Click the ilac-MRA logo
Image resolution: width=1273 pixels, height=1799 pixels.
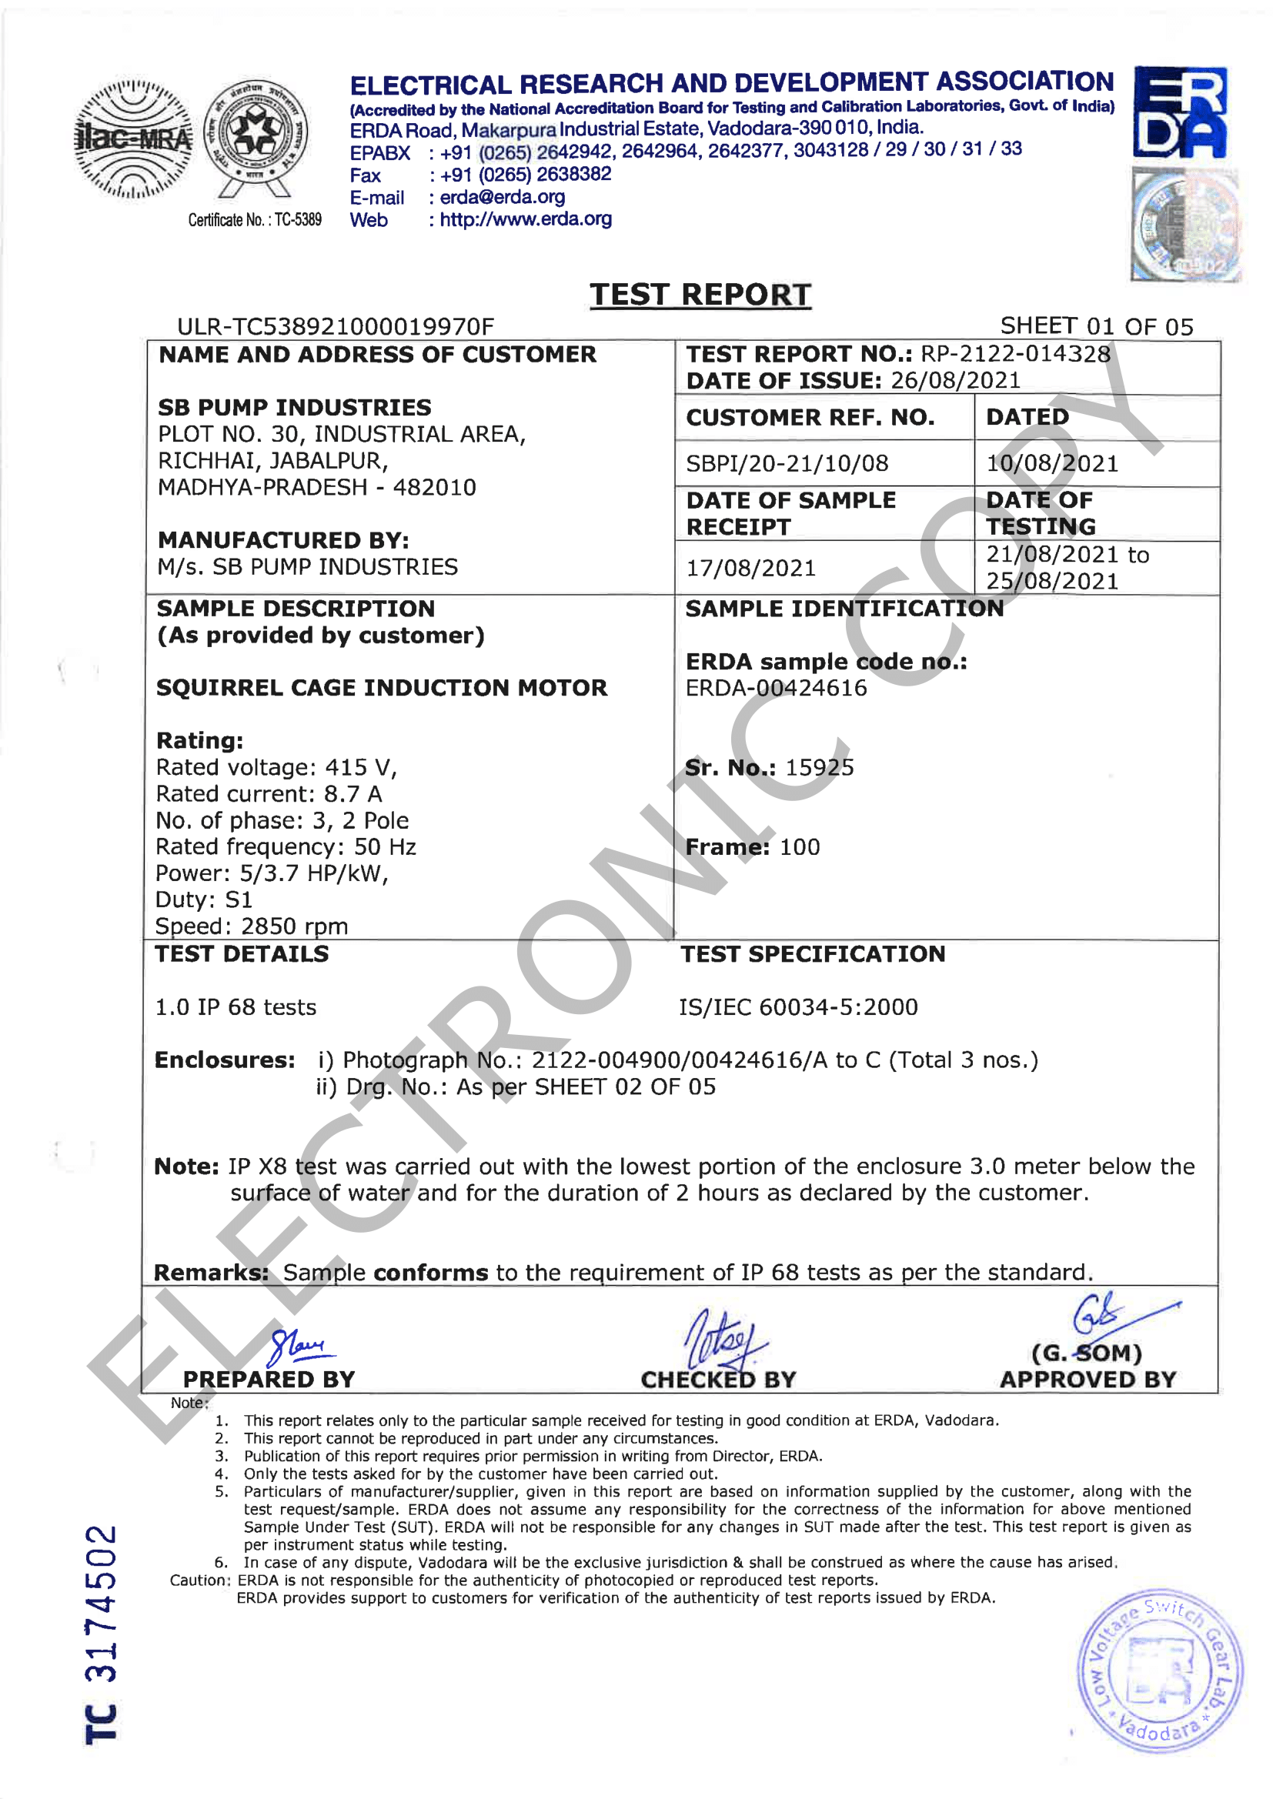pos(132,139)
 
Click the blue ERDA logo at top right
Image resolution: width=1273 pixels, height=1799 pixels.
pos(1180,112)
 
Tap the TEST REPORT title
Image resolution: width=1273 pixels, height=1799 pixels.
pos(700,295)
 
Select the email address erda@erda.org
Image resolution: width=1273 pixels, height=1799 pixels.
pos(502,197)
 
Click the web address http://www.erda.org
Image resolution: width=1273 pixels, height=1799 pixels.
pos(525,219)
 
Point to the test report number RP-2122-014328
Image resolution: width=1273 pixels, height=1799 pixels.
pos(1015,354)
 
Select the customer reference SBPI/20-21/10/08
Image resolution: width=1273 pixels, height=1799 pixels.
pos(787,464)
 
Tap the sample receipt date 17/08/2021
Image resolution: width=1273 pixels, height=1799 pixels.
pos(751,568)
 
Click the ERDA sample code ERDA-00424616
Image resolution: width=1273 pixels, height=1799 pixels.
pos(776,688)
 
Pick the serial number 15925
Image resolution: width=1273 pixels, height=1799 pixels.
pos(819,768)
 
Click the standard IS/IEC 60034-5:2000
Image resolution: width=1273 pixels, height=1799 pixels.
pos(798,1007)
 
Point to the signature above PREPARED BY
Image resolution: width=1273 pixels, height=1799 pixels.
pos(301,1346)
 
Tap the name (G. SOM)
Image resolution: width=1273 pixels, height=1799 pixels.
pos(1087,1353)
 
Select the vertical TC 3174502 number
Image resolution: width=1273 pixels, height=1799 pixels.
pos(102,1634)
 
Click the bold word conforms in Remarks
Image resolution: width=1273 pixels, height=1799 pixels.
pos(430,1273)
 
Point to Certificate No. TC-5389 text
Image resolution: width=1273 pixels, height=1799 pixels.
pos(255,220)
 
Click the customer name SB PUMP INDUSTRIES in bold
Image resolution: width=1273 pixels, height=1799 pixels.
pos(295,408)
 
